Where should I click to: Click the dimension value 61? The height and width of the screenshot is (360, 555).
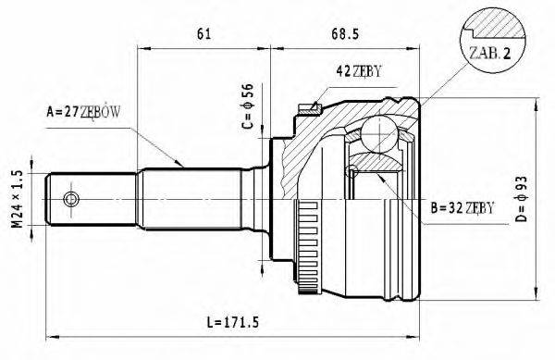[x=204, y=35]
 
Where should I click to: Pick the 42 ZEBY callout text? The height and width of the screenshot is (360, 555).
[x=358, y=71]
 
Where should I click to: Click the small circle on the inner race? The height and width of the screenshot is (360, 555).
[x=351, y=170]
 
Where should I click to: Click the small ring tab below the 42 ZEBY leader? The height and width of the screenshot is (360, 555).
[x=308, y=110]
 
